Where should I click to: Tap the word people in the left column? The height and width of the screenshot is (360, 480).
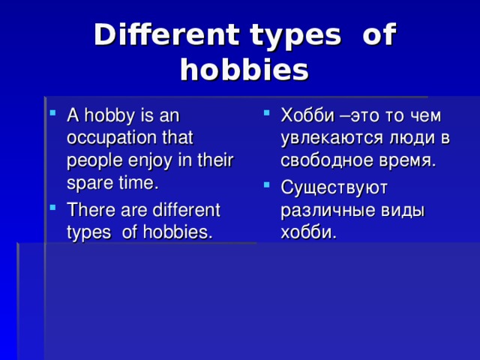pos(89,160)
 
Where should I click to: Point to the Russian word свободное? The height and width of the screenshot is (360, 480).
pos(324,160)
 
